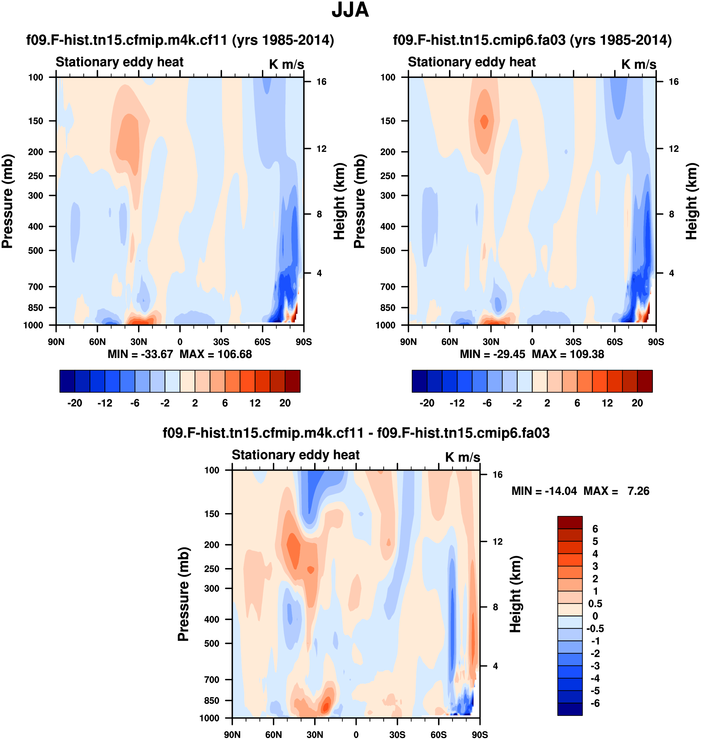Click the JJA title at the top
(x=350, y=10)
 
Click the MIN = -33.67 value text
(x=140, y=354)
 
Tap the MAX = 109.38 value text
(x=568, y=354)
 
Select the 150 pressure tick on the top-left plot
(x=35, y=121)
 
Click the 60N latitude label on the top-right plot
(x=450, y=342)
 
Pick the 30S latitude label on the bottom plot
(x=397, y=734)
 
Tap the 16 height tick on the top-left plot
(x=321, y=82)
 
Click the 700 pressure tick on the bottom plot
(x=212, y=679)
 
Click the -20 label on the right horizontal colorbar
(x=427, y=403)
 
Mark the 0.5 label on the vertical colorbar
(x=595, y=604)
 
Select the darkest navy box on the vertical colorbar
(x=570, y=709)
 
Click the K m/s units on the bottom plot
(x=462, y=457)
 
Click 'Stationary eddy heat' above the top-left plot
(x=120, y=62)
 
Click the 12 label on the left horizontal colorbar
(x=255, y=403)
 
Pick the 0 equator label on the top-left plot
(x=180, y=342)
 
